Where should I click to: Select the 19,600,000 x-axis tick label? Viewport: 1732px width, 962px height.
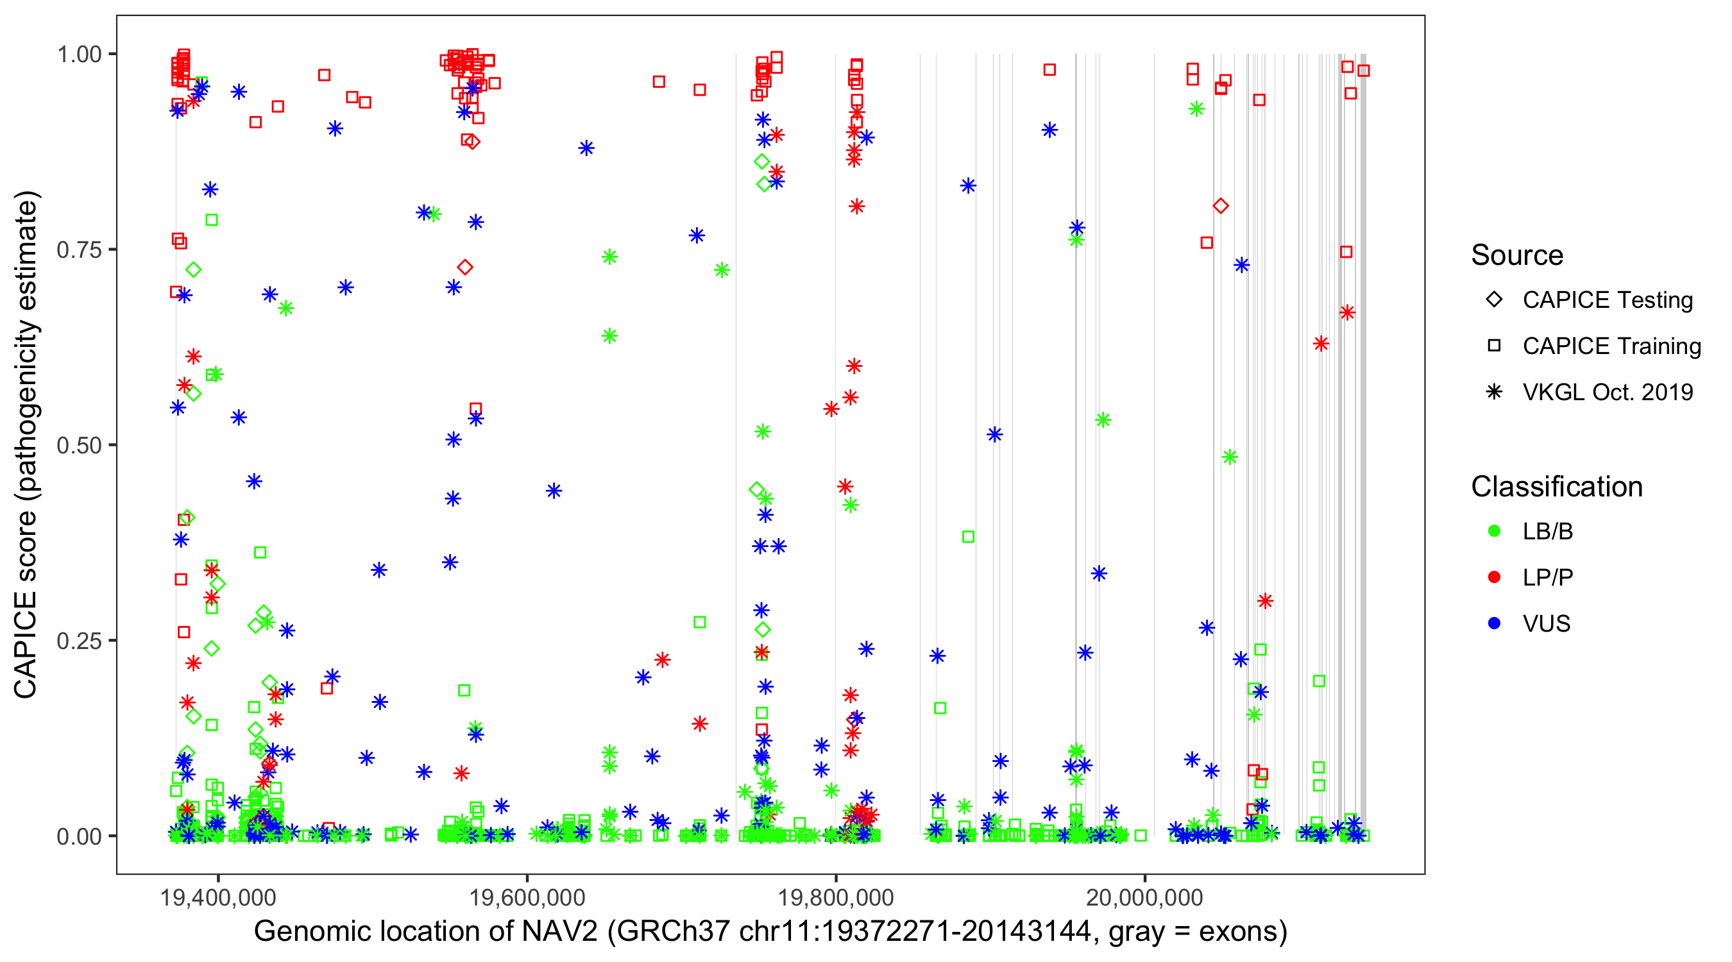click(x=527, y=897)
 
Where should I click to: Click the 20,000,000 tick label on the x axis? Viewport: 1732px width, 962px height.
click(x=1144, y=897)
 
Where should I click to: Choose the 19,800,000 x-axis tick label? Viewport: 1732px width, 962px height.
click(x=835, y=897)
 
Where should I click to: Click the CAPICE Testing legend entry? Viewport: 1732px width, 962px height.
click(x=1608, y=300)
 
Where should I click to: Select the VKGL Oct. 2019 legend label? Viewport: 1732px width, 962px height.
click(x=1608, y=392)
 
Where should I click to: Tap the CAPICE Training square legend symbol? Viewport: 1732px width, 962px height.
click(x=1494, y=346)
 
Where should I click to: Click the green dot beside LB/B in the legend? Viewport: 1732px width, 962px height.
click(x=1494, y=531)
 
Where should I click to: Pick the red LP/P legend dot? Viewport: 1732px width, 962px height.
click(x=1494, y=577)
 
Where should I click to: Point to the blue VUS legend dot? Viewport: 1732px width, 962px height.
click(x=1494, y=623)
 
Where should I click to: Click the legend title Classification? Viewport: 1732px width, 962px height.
click(x=1556, y=487)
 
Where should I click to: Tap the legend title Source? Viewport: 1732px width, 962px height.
click(x=1517, y=255)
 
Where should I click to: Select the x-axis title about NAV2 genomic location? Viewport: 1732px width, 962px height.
click(x=770, y=932)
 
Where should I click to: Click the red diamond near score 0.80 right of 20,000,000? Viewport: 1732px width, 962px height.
click(x=1221, y=206)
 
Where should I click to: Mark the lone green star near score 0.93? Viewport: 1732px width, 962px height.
click(x=1196, y=109)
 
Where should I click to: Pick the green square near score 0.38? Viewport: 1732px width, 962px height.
click(x=968, y=536)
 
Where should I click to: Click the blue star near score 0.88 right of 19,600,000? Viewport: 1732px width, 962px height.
click(x=586, y=148)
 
